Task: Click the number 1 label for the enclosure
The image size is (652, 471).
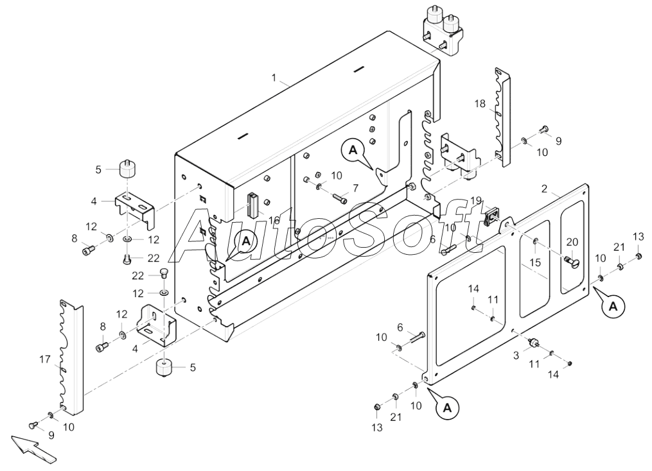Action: tap(274, 78)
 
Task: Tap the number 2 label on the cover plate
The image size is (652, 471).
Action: tap(544, 189)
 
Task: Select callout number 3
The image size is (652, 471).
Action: tap(516, 355)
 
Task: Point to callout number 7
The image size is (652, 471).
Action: tap(355, 189)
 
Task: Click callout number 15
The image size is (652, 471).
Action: tap(535, 262)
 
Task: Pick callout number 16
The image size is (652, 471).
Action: tap(274, 220)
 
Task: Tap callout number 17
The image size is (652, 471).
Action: tap(45, 359)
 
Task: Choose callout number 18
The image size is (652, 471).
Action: tap(480, 103)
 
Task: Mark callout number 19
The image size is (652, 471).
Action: tap(476, 201)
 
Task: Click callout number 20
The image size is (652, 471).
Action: tap(572, 242)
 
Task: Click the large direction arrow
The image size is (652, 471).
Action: tap(33, 448)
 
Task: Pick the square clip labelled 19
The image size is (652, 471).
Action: tap(491, 217)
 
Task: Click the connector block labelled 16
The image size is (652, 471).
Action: tap(252, 205)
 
